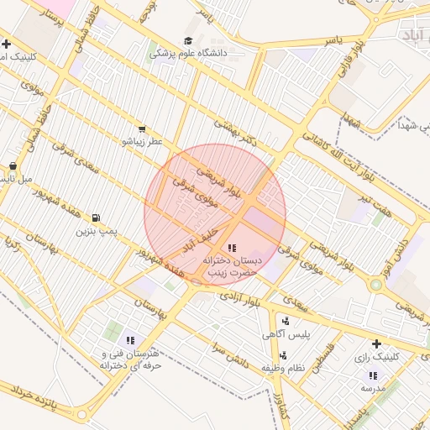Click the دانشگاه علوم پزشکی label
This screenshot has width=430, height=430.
[190, 53]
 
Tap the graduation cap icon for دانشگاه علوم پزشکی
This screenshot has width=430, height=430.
[188, 40]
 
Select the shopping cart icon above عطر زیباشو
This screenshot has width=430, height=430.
[142, 129]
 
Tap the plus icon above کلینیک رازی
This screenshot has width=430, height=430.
[376, 343]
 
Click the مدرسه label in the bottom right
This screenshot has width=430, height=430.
[372, 388]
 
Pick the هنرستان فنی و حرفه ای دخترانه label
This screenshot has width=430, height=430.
[129, 360]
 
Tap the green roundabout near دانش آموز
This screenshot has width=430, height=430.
[376, 285]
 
